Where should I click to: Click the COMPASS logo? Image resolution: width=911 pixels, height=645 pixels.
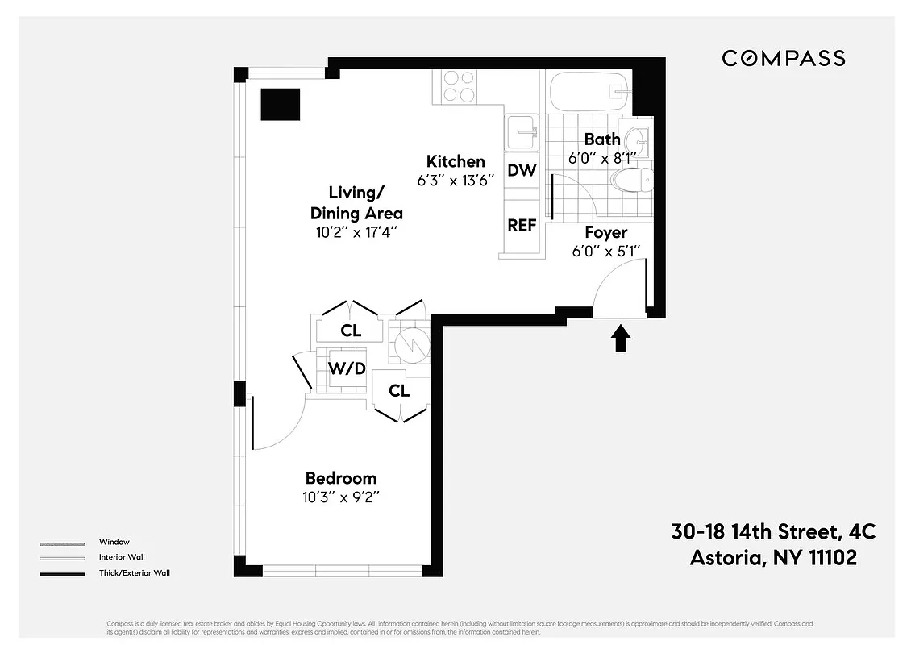783,58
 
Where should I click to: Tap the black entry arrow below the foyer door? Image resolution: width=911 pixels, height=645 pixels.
620,338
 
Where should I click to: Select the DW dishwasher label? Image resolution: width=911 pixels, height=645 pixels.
522,170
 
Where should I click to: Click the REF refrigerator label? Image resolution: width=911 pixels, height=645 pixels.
522,226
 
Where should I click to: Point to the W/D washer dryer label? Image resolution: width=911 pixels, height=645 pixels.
347,369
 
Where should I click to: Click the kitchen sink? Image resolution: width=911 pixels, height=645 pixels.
522,131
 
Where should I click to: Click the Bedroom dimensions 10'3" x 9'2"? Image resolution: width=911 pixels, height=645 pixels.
340,497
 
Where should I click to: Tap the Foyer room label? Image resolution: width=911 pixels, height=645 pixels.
605,232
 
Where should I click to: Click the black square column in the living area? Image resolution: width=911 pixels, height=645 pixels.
280,103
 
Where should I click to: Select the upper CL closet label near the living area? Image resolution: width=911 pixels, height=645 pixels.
350,331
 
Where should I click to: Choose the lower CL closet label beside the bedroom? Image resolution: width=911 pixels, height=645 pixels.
399,391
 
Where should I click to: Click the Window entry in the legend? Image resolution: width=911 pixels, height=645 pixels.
114,542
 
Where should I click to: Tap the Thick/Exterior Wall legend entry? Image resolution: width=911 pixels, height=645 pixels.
134,573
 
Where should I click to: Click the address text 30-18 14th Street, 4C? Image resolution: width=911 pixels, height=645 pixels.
772,532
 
